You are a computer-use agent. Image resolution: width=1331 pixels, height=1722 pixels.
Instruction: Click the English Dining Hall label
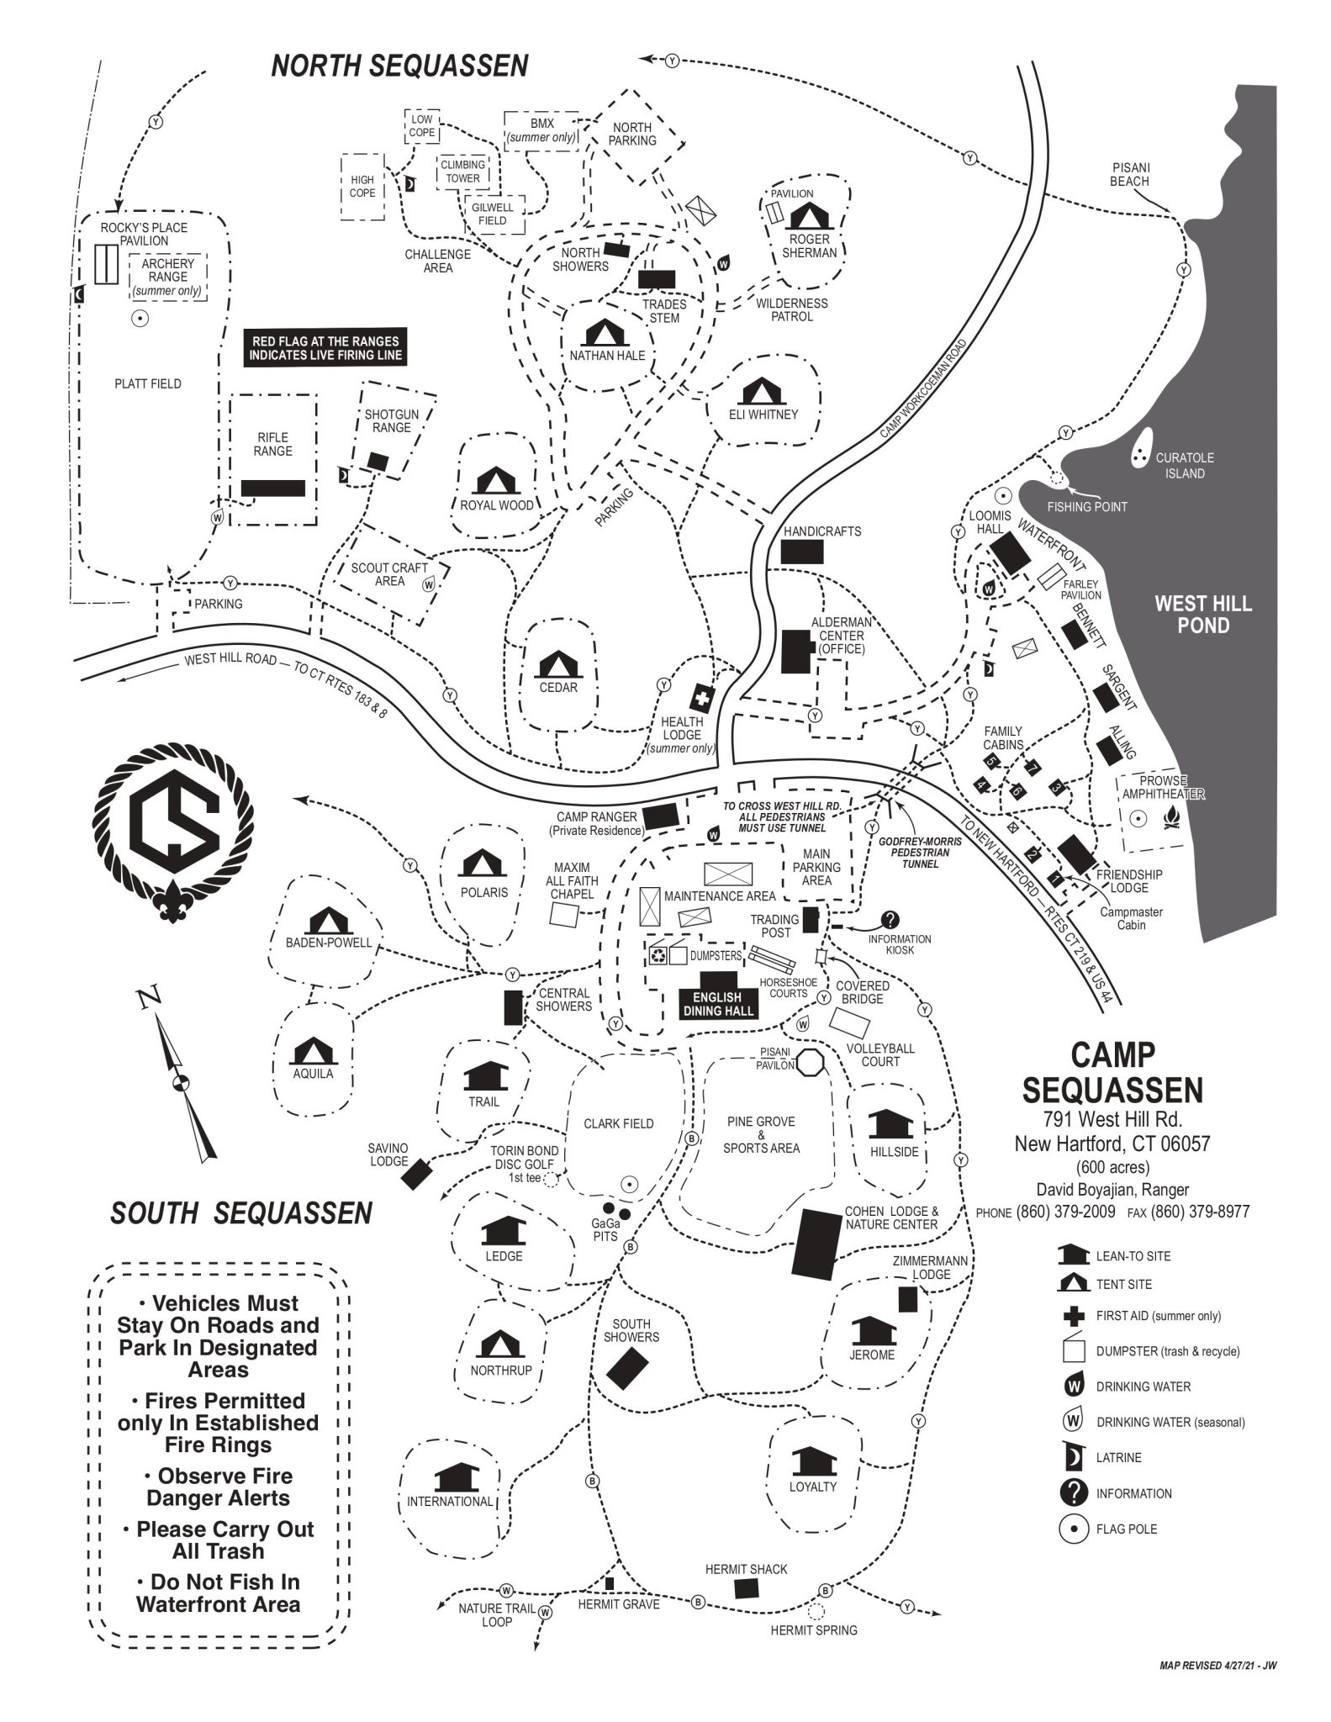tap(717, 1004)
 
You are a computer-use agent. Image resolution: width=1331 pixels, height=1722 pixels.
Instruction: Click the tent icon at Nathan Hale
tap(602, 334)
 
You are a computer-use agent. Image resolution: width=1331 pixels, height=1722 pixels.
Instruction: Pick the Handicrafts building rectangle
tap(802, 552)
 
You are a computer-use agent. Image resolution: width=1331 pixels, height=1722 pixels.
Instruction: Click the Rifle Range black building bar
tap(272, 488)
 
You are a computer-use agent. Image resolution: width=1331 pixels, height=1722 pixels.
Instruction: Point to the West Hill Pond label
tap(1202, 614)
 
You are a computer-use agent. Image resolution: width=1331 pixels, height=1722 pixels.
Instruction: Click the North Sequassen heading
tap(399, 66)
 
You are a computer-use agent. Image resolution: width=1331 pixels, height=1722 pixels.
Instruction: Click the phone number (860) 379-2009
tap(1065, 1212)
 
